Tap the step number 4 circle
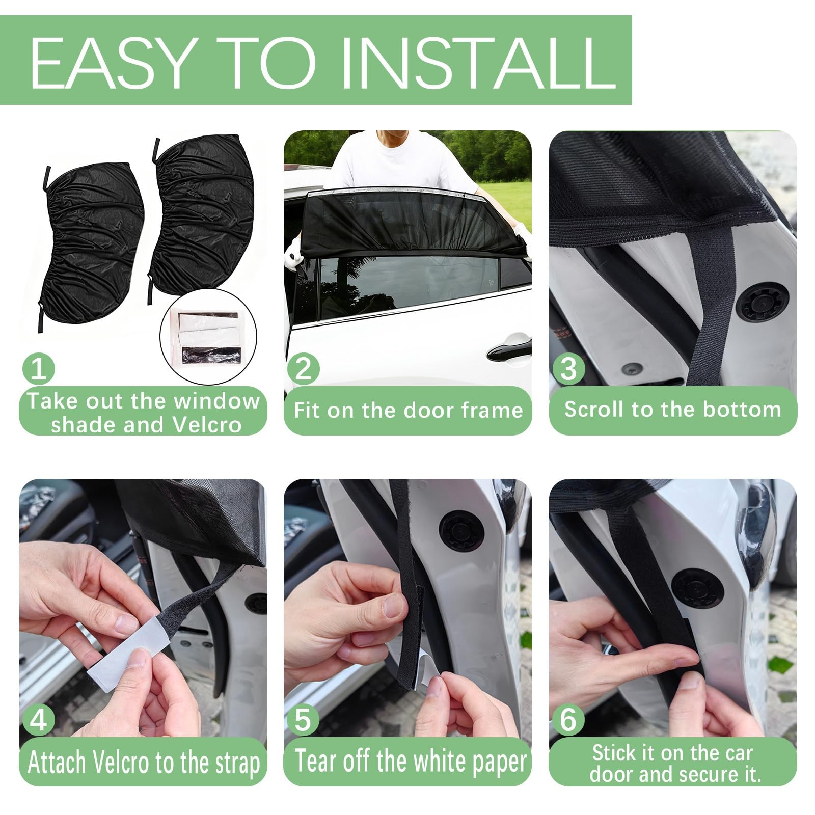pyautogui.click(x=39, y=720)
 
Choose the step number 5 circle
pyautogui.click(x=304, y=720)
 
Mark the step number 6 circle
pyautogui.click(x=568, y=720)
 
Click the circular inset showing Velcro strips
pyautogui.click(x=208, y=337)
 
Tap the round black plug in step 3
pyautogui.click(x=765, y=302)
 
